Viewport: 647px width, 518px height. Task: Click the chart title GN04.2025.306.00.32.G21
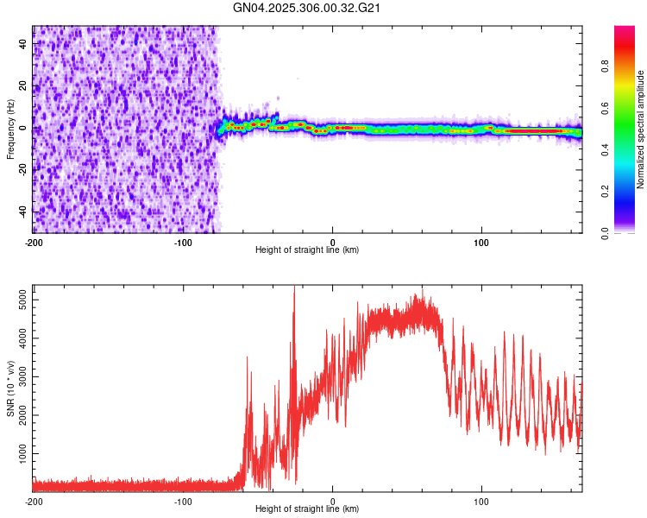307,8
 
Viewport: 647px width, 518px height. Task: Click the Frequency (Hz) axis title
10,129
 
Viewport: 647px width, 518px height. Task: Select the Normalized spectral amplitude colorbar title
640,129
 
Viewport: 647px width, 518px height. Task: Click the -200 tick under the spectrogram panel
34,243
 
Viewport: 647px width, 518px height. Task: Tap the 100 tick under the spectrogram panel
482,243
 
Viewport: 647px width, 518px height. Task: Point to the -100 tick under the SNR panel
183,502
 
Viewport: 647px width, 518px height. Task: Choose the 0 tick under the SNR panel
333,502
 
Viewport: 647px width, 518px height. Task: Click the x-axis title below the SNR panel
307,509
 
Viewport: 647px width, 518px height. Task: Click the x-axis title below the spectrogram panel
307,250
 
